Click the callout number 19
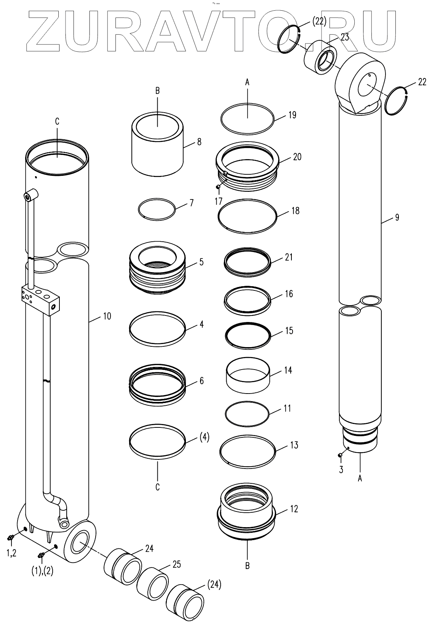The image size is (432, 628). (x=292, y=115)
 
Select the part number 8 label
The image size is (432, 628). (x=199, y=142)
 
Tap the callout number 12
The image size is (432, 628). (x=294, y=508)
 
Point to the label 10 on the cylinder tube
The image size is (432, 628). (x=107, y=316)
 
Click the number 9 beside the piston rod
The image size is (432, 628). (x=397, y=217)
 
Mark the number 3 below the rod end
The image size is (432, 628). (x=341, y=469)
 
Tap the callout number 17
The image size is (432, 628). (x=218, y=201)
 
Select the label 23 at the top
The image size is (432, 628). (x=345, y=37)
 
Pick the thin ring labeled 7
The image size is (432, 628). (x=157, y=209)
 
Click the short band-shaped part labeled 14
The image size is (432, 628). (x=248, y=374)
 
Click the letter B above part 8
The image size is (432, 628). (x=158, y=91)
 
